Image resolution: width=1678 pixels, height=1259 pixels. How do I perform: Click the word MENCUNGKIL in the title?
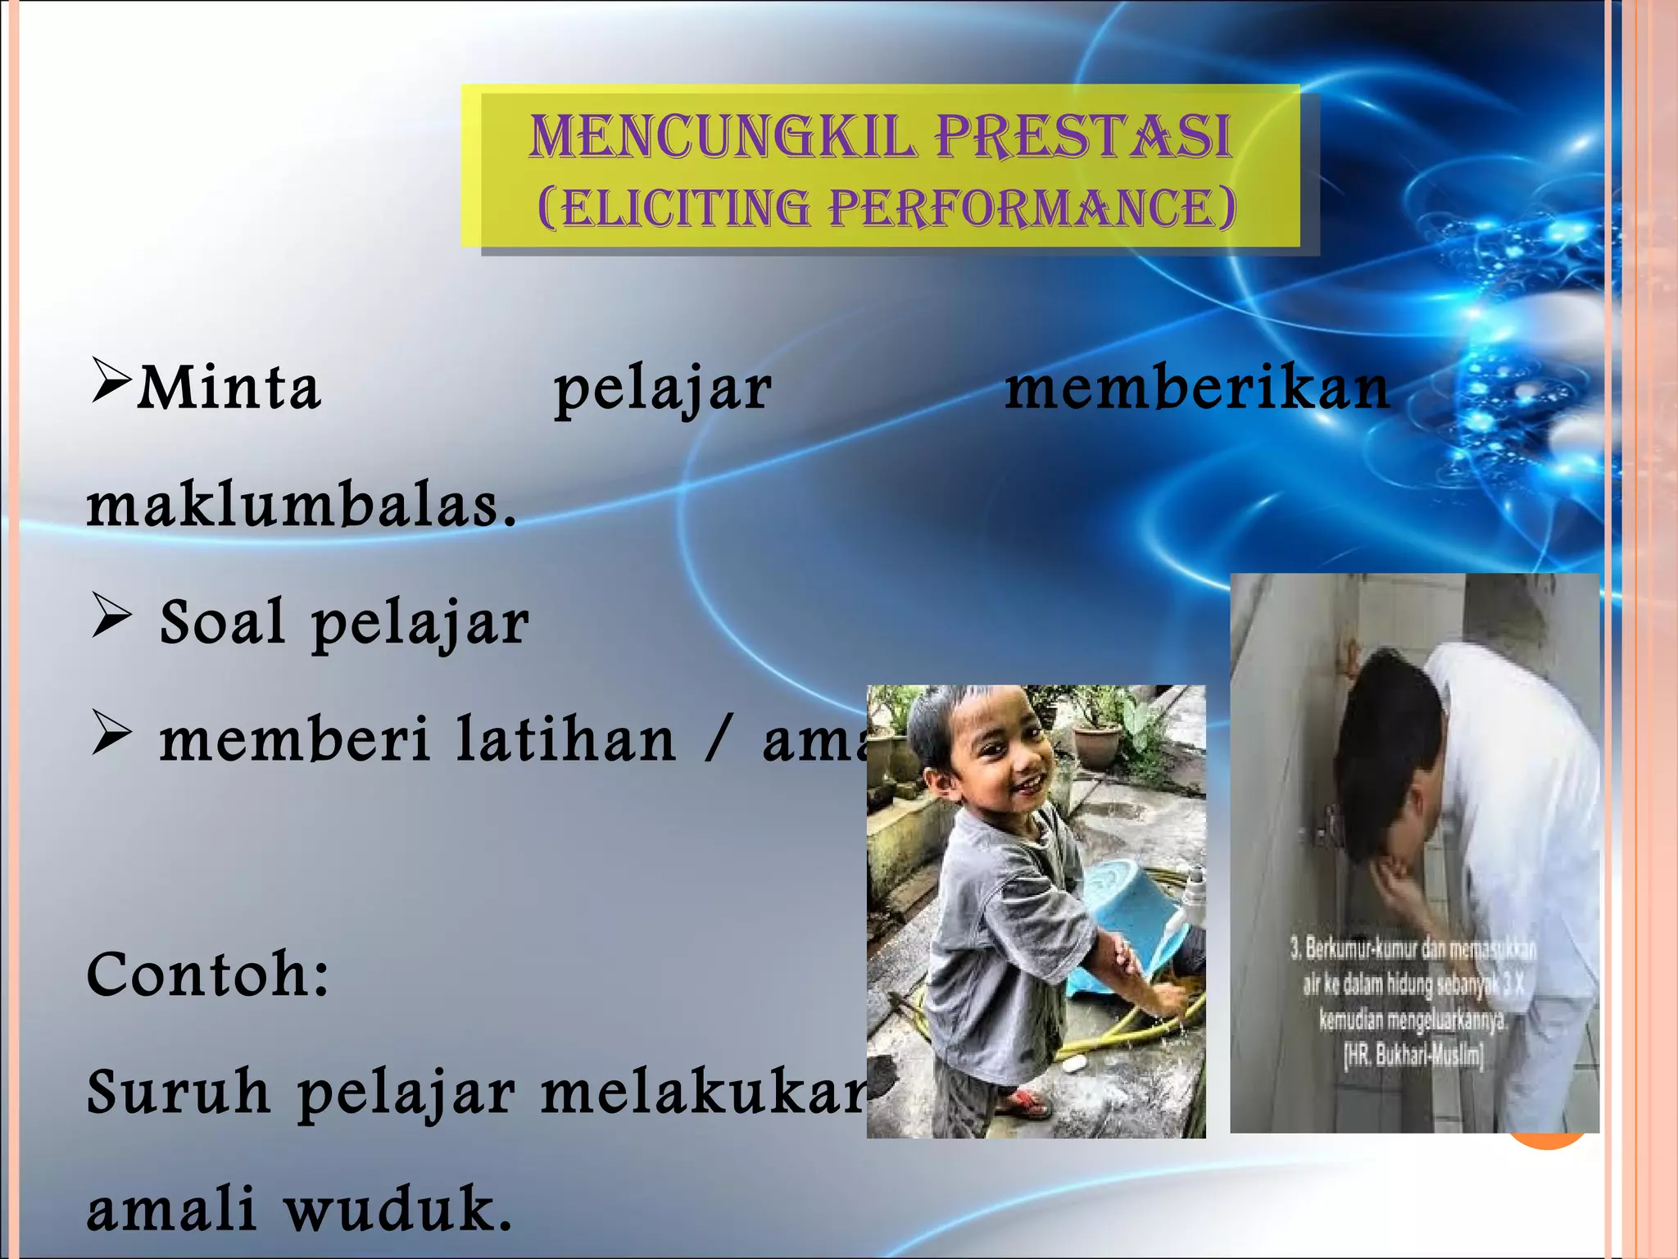[721, 136]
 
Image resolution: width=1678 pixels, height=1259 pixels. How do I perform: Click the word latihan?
[565, 739]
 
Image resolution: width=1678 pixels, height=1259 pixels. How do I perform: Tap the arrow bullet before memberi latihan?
[110, 734]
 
